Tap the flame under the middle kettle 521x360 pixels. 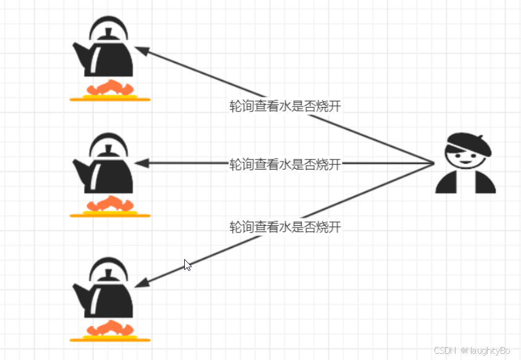(110, 205)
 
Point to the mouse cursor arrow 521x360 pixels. (187, 264)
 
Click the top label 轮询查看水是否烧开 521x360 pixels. (285, 106)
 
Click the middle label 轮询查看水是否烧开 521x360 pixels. (285, 165)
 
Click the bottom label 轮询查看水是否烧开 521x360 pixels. (285, 227)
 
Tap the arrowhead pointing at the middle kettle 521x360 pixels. (140, 164)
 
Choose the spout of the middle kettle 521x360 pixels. (79, 168)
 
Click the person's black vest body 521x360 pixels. (465, 182)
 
